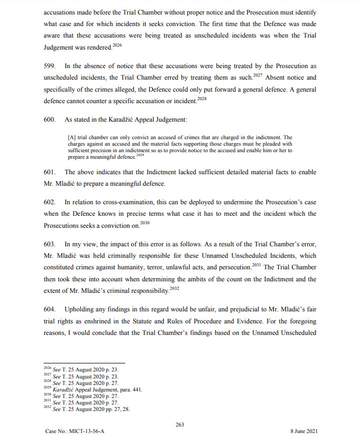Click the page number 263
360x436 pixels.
click(180, 424)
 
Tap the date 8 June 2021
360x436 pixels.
click(304, 430)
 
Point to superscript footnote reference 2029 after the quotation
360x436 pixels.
click(140, 156)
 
